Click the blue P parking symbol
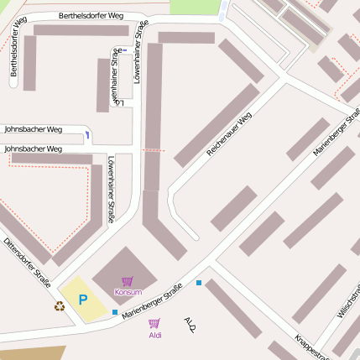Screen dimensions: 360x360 coord(83,300)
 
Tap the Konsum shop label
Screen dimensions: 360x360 coord(128,292)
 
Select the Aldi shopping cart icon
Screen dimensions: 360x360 coord(154,323)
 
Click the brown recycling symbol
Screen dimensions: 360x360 coord(60,306)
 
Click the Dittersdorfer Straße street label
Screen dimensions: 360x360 coord(28,264)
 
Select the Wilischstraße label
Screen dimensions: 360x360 coord(350,301)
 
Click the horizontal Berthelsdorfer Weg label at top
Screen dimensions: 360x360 coord(91,16)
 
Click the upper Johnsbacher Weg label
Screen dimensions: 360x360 coord(34,130)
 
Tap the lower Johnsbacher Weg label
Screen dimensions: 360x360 coord(34,149)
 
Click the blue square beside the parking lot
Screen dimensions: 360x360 coord(115,311)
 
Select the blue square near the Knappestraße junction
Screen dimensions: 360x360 coord(199,283)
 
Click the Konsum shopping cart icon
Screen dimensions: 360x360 coord(128,282)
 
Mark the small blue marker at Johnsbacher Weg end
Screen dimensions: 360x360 coord(88,134)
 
